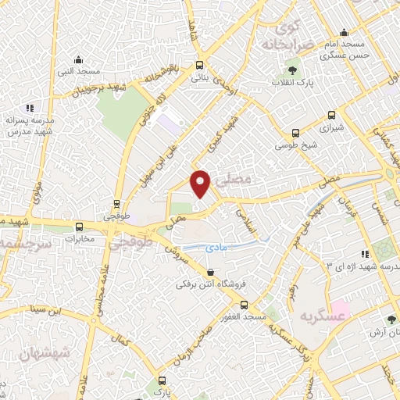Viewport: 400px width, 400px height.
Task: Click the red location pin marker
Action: point(202,184)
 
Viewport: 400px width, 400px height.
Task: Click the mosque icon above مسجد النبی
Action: point(78,59)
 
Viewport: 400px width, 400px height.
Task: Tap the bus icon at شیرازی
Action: point(295,133)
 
